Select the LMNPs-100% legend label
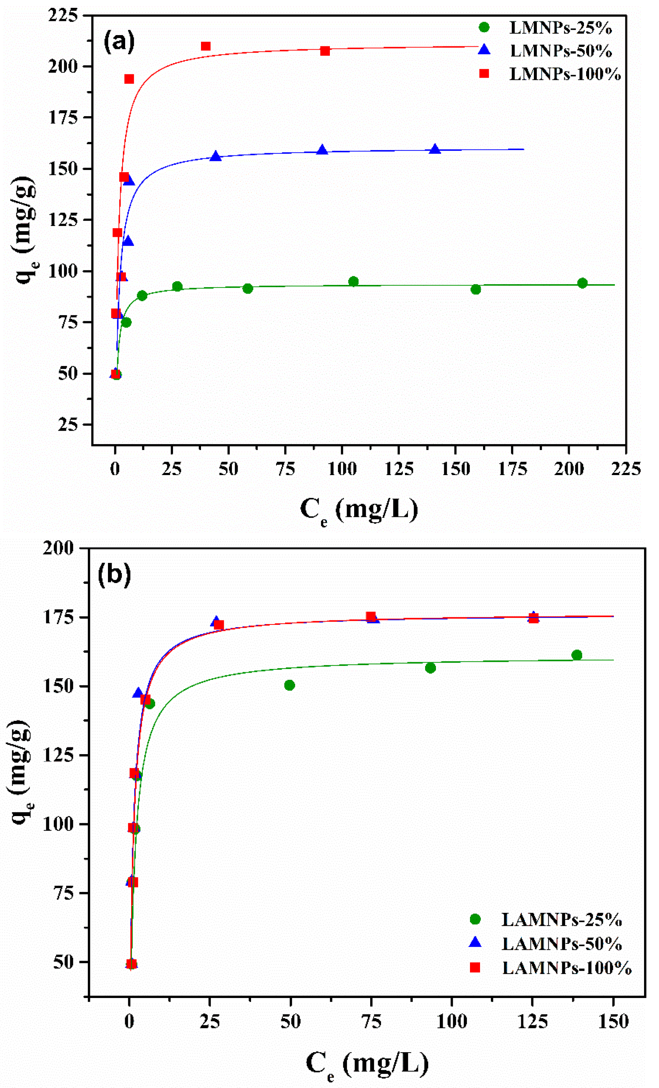click(x=564, y=74)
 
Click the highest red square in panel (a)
click(x=205, y=46)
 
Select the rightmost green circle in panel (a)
click(x=582, y=283)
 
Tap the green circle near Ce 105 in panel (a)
click(x=353, y=281)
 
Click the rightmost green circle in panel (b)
click(x=576, y=655)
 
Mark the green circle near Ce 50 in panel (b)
click(x=289, y=685)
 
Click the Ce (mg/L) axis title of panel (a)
click(x=359, y=509)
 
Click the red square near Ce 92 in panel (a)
click(x=325, y=51)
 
